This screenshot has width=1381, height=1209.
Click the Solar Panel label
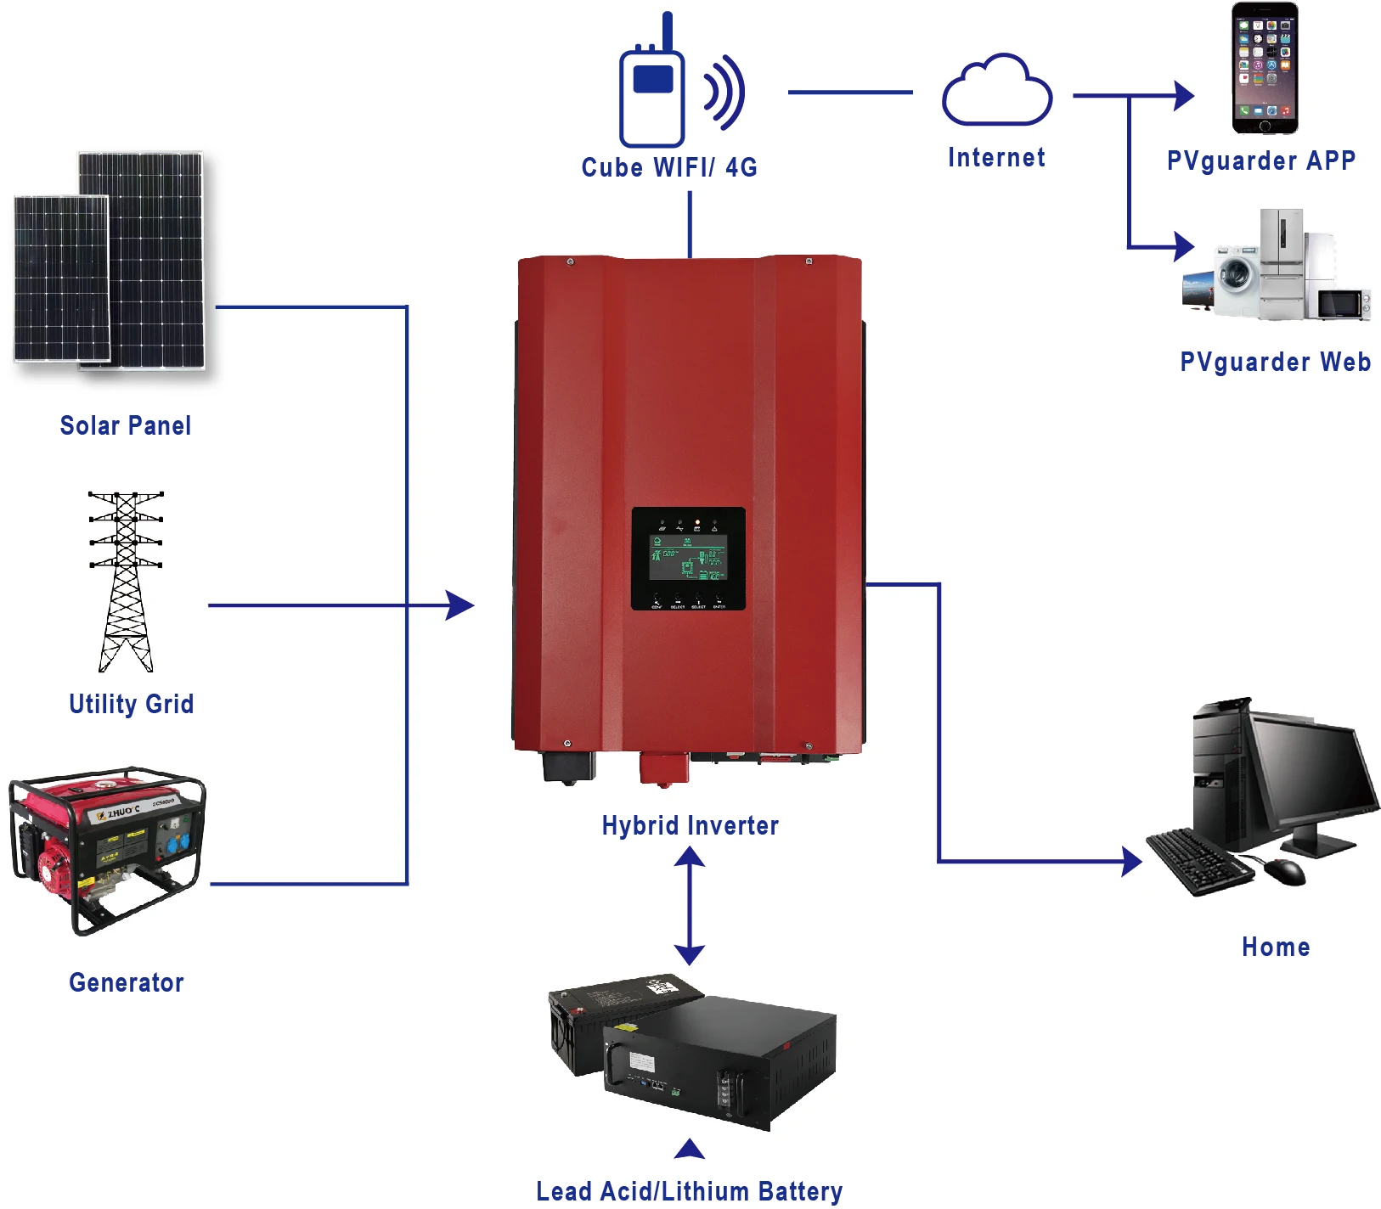[126, 425]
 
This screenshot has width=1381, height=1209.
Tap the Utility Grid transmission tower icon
[126, 582]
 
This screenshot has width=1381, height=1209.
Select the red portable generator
[106, 849]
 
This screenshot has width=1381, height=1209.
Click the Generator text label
[126, 982]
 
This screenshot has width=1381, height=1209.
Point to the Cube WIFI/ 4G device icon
[652, 93]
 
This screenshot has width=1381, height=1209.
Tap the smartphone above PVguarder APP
[1265, 68]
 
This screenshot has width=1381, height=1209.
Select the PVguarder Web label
[1275, 363]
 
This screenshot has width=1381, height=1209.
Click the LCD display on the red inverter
[687, 558]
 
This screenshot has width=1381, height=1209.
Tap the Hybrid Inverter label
[690, 825]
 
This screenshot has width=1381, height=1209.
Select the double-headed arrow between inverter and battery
[689, 906]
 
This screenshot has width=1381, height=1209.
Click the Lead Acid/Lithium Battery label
[689, 1190]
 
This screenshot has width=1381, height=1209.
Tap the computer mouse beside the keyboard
[1284, 870]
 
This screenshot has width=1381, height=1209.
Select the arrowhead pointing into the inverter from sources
[459, 605]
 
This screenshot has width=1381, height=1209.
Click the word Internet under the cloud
[996, 158]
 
